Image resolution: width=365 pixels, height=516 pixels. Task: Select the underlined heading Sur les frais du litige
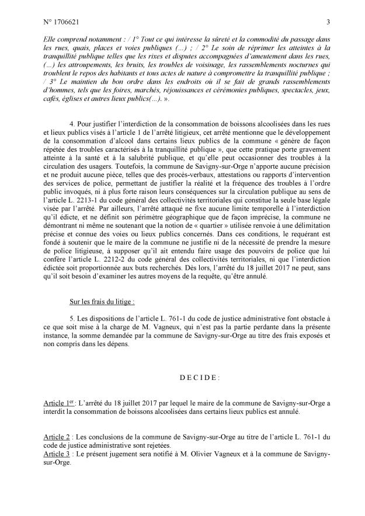pos(101,304)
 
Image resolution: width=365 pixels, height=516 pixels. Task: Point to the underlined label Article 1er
pos(60,403)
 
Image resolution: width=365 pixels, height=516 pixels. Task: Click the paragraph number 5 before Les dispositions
pos(71,320)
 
